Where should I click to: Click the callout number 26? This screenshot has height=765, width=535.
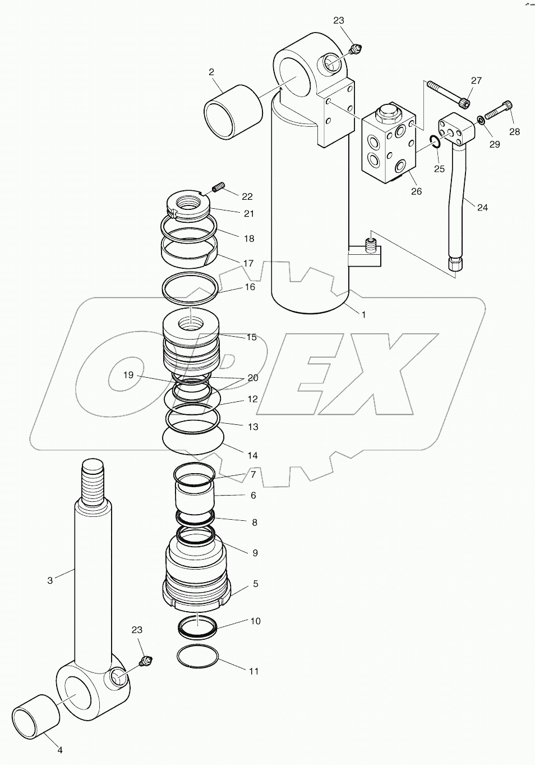416,191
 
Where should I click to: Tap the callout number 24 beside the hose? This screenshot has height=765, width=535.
482,207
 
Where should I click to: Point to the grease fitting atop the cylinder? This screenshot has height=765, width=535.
354,51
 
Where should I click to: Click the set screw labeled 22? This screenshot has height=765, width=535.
219,186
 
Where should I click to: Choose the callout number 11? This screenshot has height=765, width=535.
253,671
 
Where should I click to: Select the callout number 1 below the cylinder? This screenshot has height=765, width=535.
363,315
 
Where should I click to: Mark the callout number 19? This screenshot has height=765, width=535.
128,375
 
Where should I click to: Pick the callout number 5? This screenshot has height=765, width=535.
255,584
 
